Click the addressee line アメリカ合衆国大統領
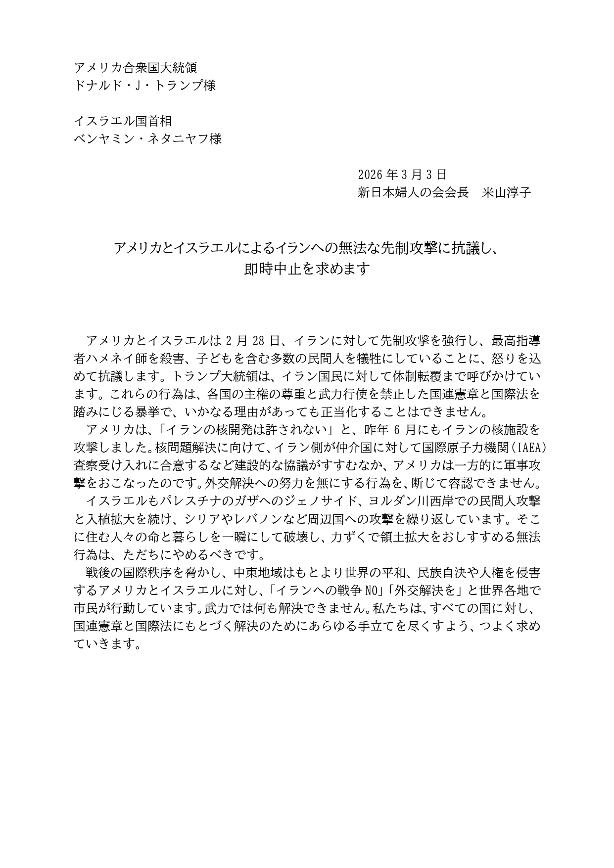click(x=135, y=68)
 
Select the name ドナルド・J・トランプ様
click(x=144, y=86)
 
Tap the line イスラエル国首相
click(x=123, y=121)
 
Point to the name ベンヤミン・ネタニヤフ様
click(x=147, y=139)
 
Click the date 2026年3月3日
click(x=402, y=175)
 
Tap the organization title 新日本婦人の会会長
click(x=413, y=192)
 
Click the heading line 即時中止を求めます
click(x=307, y=269)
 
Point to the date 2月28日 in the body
click(x=253, y=341)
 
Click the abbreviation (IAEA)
click(x=528, y=448)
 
